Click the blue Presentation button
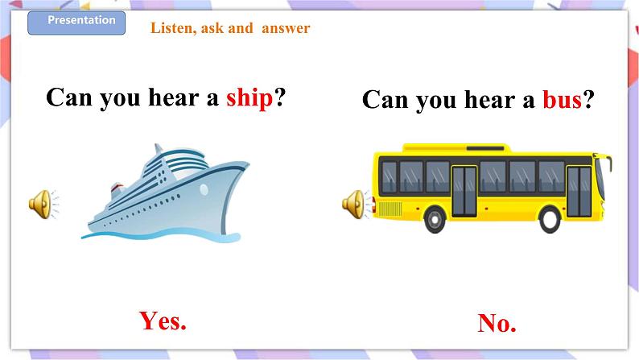click(x=76, y=22)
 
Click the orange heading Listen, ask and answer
click(x=230, y=28)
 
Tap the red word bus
click(x=561, y=100)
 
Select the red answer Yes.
click(x=163, y=321)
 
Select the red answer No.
click(x=497, y=324)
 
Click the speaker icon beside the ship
click(x=41, y=204)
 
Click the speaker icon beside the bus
click(x=355, y=205)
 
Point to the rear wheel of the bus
click(x=435, y=218)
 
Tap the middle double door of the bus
click(x=464, y=191)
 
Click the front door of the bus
click(x=578, y=191)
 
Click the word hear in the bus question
click(x=489, y=100)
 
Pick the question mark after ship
click(x=281, y=97)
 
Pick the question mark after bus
click(x=589, y=100)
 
